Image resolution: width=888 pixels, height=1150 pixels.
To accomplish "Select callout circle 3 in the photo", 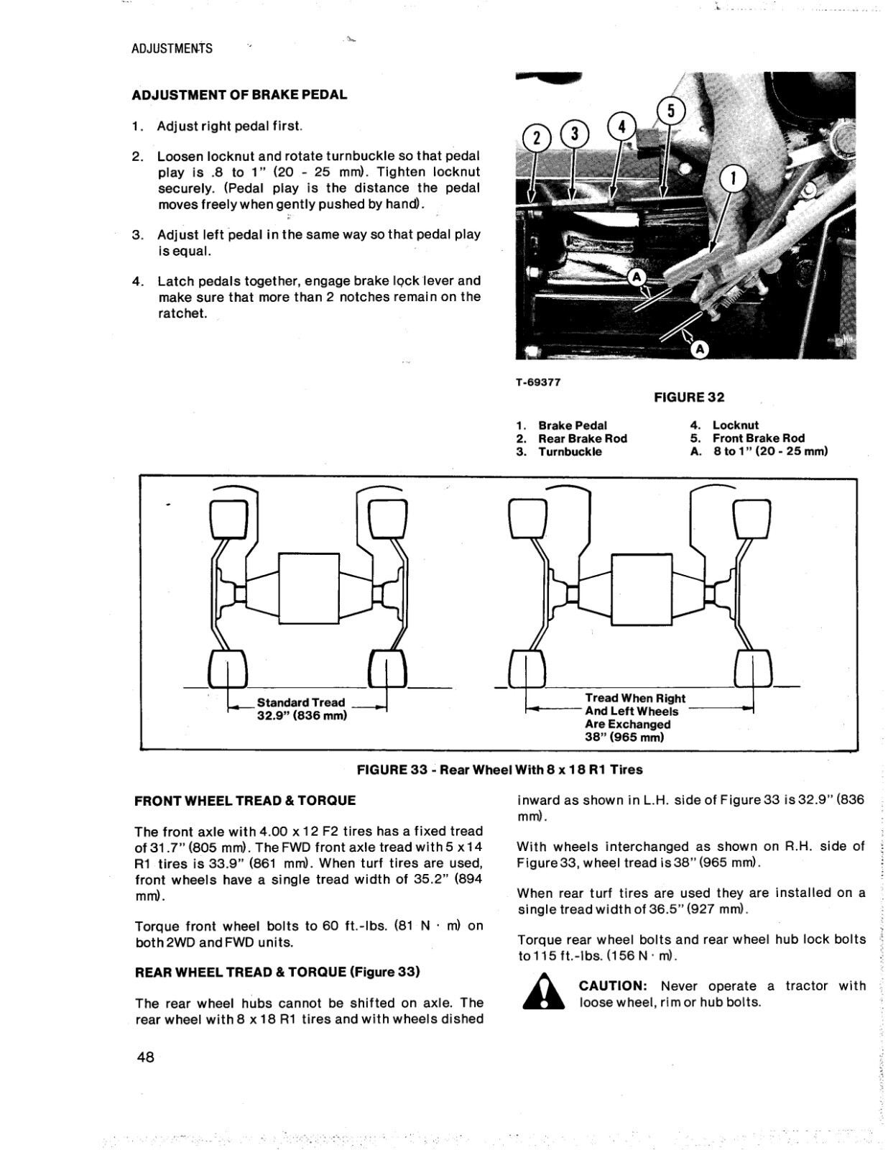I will tap(573, 134).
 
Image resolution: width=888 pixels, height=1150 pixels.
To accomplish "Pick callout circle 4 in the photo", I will tap(622, 126).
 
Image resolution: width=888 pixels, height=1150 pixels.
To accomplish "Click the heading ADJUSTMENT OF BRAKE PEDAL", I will tap(239, 95).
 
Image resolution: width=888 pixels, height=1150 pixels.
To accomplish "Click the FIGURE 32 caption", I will tap(689, 397).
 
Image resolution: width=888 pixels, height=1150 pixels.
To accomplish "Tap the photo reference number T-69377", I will tap(538, 382).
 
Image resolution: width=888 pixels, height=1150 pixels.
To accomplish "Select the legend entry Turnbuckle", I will tap(570, 452).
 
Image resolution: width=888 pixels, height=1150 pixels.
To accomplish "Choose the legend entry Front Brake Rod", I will tap(758, 438).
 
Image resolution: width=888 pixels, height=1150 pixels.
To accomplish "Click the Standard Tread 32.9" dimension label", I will tap(301, 709).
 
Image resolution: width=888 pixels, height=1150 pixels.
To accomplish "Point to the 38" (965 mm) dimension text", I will tap(624, 737).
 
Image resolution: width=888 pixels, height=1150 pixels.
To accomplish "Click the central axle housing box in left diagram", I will tap(308, 588).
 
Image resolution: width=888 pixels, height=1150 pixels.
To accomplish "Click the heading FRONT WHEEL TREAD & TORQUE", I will tap(245, 801).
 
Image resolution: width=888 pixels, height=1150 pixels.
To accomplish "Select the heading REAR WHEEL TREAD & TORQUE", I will tap(277, 972).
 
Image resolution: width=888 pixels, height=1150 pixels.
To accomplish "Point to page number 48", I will tap(144, 1057).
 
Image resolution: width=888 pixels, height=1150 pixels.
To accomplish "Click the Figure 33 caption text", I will tap(499, 770).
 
